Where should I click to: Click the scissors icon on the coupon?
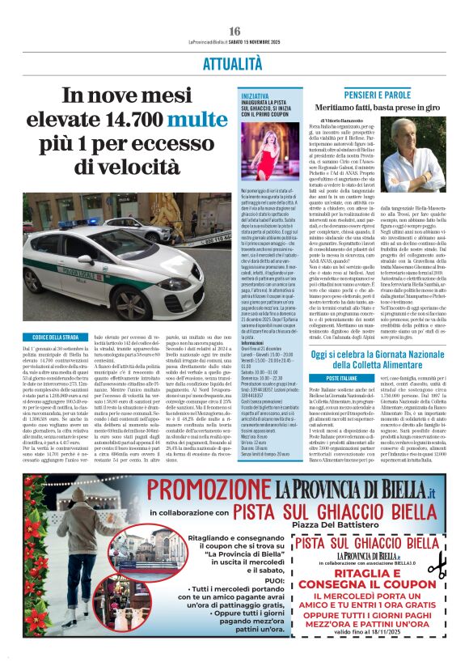437,566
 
